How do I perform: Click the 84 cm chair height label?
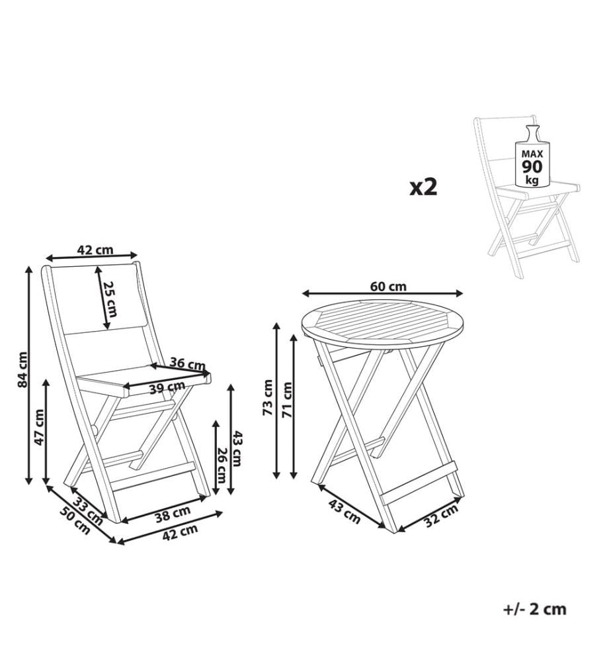click(23, 369)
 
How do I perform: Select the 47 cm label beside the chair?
click(39, 427)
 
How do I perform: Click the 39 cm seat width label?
click(167, 387)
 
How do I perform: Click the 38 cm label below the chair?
click(173, 514)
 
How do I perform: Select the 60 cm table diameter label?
click(388, 287)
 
